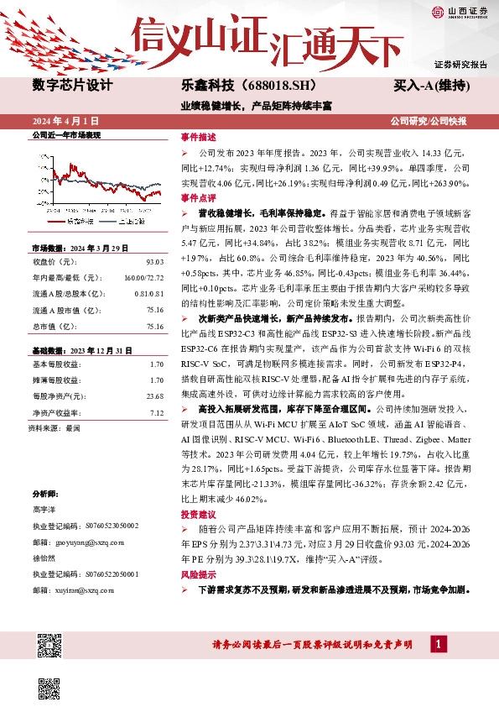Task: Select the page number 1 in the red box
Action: click(x=437, y=644)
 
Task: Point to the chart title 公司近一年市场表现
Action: click(x=65, y=135)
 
